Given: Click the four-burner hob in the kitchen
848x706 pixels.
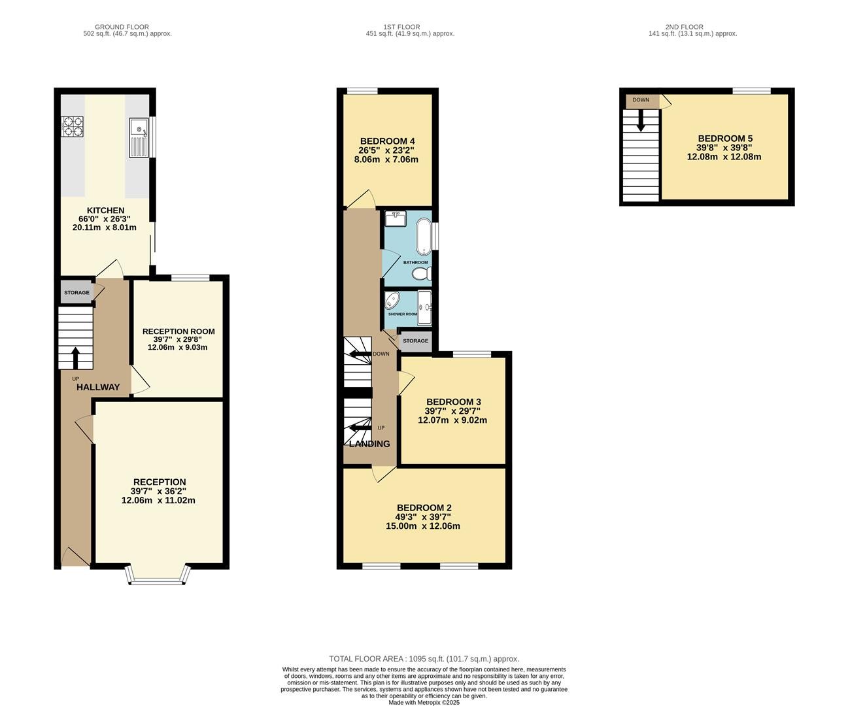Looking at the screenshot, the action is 73,127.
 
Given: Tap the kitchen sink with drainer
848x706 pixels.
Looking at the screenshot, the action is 139,138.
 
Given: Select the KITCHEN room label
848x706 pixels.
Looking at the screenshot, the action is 106,210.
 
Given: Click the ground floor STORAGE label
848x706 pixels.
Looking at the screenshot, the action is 76,292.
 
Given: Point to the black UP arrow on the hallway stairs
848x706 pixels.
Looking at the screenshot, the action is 75,358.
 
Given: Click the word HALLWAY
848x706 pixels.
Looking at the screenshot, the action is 98,387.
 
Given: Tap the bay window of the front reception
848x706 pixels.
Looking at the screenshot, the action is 158,575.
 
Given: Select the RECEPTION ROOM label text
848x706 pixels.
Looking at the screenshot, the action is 178,331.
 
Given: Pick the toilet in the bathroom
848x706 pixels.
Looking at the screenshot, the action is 421,274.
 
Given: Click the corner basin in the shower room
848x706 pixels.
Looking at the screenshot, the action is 392,301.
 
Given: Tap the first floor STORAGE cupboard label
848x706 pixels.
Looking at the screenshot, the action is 415,341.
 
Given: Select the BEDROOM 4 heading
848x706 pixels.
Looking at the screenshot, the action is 388,141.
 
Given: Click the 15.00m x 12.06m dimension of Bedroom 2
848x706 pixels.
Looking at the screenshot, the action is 423,526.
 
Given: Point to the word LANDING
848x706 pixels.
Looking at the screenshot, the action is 369,444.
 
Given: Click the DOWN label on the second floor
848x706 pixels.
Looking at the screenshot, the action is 641,100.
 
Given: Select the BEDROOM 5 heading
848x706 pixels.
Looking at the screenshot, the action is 725,139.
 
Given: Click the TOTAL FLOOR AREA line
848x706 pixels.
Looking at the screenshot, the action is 424,659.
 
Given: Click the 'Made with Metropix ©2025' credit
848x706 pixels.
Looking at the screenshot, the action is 424,702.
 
